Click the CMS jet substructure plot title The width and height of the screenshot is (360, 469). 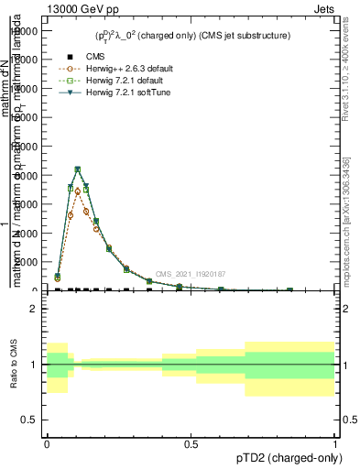tap(192, 36)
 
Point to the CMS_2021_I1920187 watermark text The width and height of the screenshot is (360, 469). tap(190, 274)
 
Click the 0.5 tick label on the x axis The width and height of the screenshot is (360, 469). tap(191, 443)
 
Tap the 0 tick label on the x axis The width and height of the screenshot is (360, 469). tap(47, 443)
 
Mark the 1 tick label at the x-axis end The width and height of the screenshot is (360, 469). tap(335, 443)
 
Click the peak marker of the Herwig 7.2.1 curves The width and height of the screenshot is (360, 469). tap(78, 169)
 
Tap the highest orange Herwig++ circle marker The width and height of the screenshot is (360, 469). tap(78, 191)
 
